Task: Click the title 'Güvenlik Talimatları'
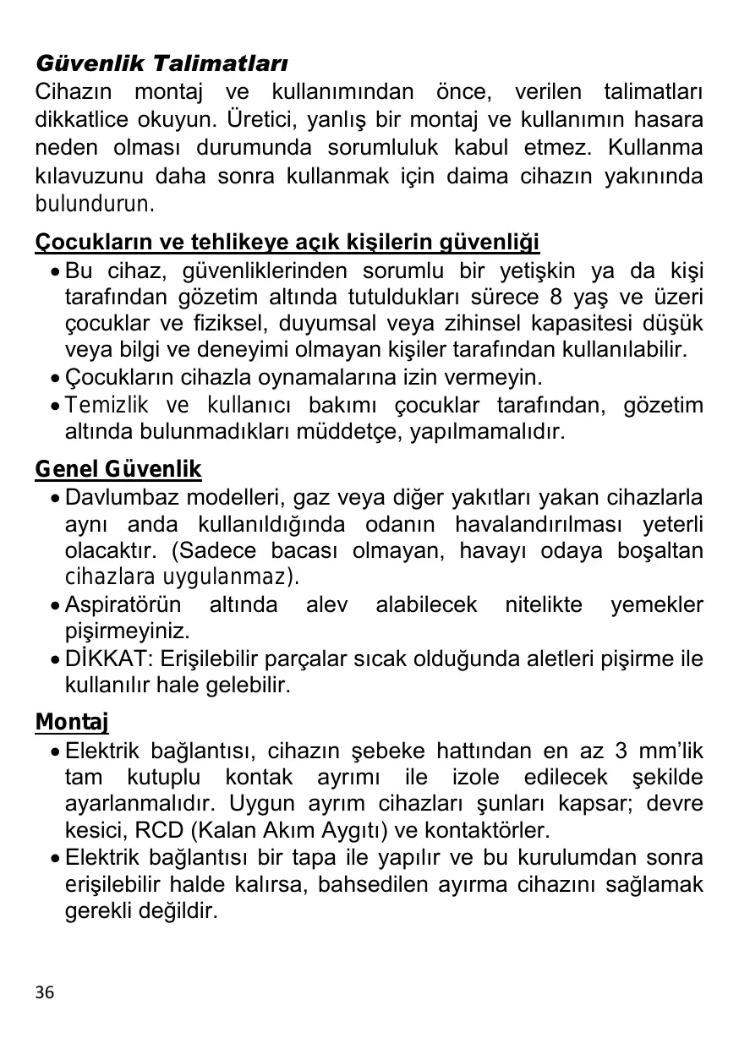(x=161, y=64)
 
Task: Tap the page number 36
(x=45, y=992)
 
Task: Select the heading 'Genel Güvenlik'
(x=118, y=469)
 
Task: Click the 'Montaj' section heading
(x=72, y=723)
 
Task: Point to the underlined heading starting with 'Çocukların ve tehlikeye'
(x=287, y=243)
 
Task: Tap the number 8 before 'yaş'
(x=555, y=298)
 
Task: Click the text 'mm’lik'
(x=672, y=751)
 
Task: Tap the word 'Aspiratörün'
(x=123, y=605)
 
